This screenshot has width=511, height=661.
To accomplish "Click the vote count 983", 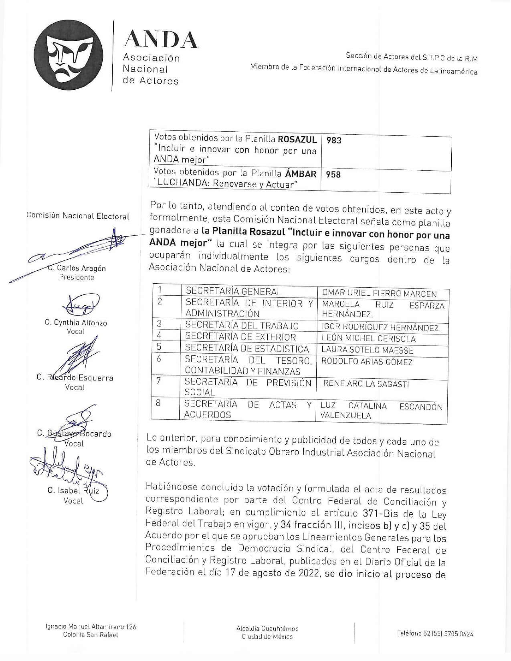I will pyautogui.click(x=333, y=140).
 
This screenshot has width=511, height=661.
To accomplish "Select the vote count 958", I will pyautogui.click(x=333, y=175).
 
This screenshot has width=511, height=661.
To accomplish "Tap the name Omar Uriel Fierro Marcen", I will pyautogui.click(x=379, y=294).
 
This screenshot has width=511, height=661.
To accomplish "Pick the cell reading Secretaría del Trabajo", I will pyautogui.click(x=242, y=325).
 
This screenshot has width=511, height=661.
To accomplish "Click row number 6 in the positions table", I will pyautogui.click(x=159, y=359).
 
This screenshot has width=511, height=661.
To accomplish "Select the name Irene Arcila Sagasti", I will pyautogui.click(x=365, y=384).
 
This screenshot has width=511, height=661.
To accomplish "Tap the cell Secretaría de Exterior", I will pyautogui.click(x=240, y=337).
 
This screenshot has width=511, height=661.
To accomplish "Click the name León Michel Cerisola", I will pyautogui.click(x=368, y=339).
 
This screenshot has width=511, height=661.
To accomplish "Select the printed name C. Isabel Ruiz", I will pyautogui.click(x=73, y=490).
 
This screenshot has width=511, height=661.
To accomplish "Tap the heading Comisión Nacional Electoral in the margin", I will pyautogui.click(x=78, y=216).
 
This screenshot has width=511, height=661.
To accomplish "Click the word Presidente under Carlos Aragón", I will pyautogui.click(x=77, y=277).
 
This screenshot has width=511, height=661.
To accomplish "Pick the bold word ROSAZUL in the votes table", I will pyautogui.click(x=297, y=139).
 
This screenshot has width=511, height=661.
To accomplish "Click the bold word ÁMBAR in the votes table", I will pyautogui.click(x=301, y=173).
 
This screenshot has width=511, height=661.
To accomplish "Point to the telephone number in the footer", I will pyautogui.click(x=435, y=633).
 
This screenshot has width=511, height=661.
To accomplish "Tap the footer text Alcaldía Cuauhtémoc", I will pyautogui.click(x=267, y=629).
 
